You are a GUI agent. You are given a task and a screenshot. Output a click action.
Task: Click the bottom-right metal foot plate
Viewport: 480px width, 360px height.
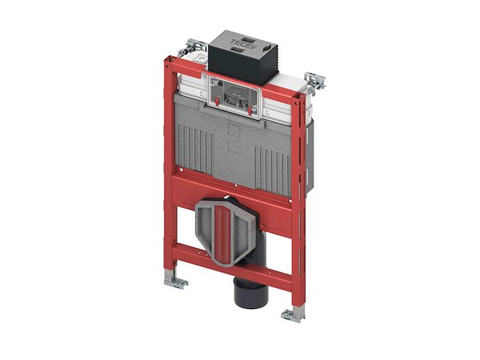[x=292, y=315]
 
